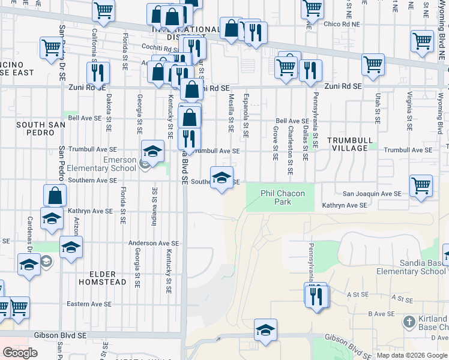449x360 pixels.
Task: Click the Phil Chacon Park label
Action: pyautogui.click(x=283, y=197)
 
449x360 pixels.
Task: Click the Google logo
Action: pyautogui.click(x=20, y=353)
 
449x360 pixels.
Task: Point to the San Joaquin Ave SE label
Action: pyautogui.click(x=372, y=194)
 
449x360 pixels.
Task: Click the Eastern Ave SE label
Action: pyautogui.click(x=89, y=304)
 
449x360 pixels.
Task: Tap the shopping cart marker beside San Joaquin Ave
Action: pyautogui.click(x=421, y=185)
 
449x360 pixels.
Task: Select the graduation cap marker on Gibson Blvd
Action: pyautogui.click(x=265, y=329)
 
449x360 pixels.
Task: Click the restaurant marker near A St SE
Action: pyautogui.click(x=316, y=295)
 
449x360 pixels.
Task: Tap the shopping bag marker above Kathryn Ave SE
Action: pyautogui.click(x=55, y=196)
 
